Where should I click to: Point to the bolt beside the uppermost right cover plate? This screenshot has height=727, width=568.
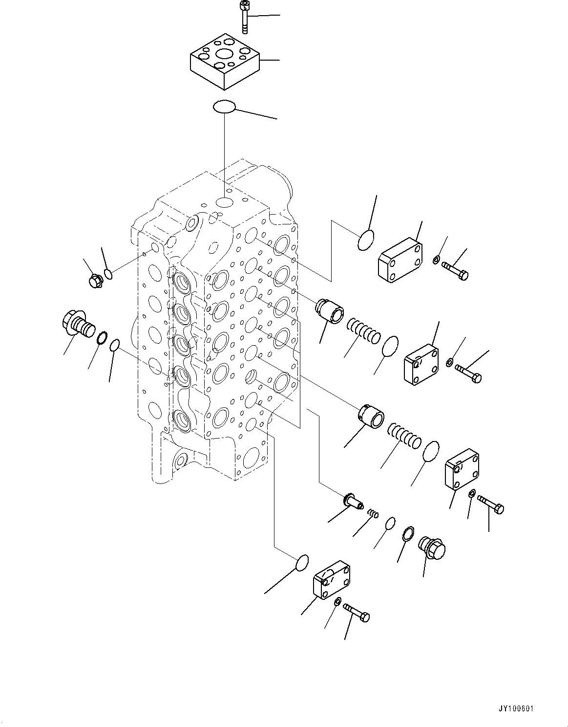point(455,270)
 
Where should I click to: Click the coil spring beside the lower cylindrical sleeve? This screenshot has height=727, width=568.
point(403,436)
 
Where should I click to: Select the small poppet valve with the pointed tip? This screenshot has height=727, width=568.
point(354,502)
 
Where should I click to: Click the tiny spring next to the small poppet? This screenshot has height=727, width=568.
point(373,513)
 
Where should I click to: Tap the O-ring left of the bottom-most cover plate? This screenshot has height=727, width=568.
point(302,563)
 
